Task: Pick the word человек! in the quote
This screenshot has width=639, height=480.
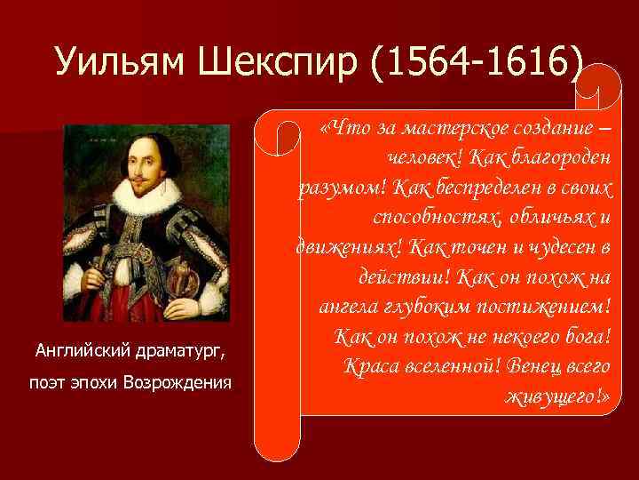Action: (422, 158)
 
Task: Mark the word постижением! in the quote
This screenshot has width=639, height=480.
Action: (549, 307)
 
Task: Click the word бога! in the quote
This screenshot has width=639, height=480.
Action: (584, 337)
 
